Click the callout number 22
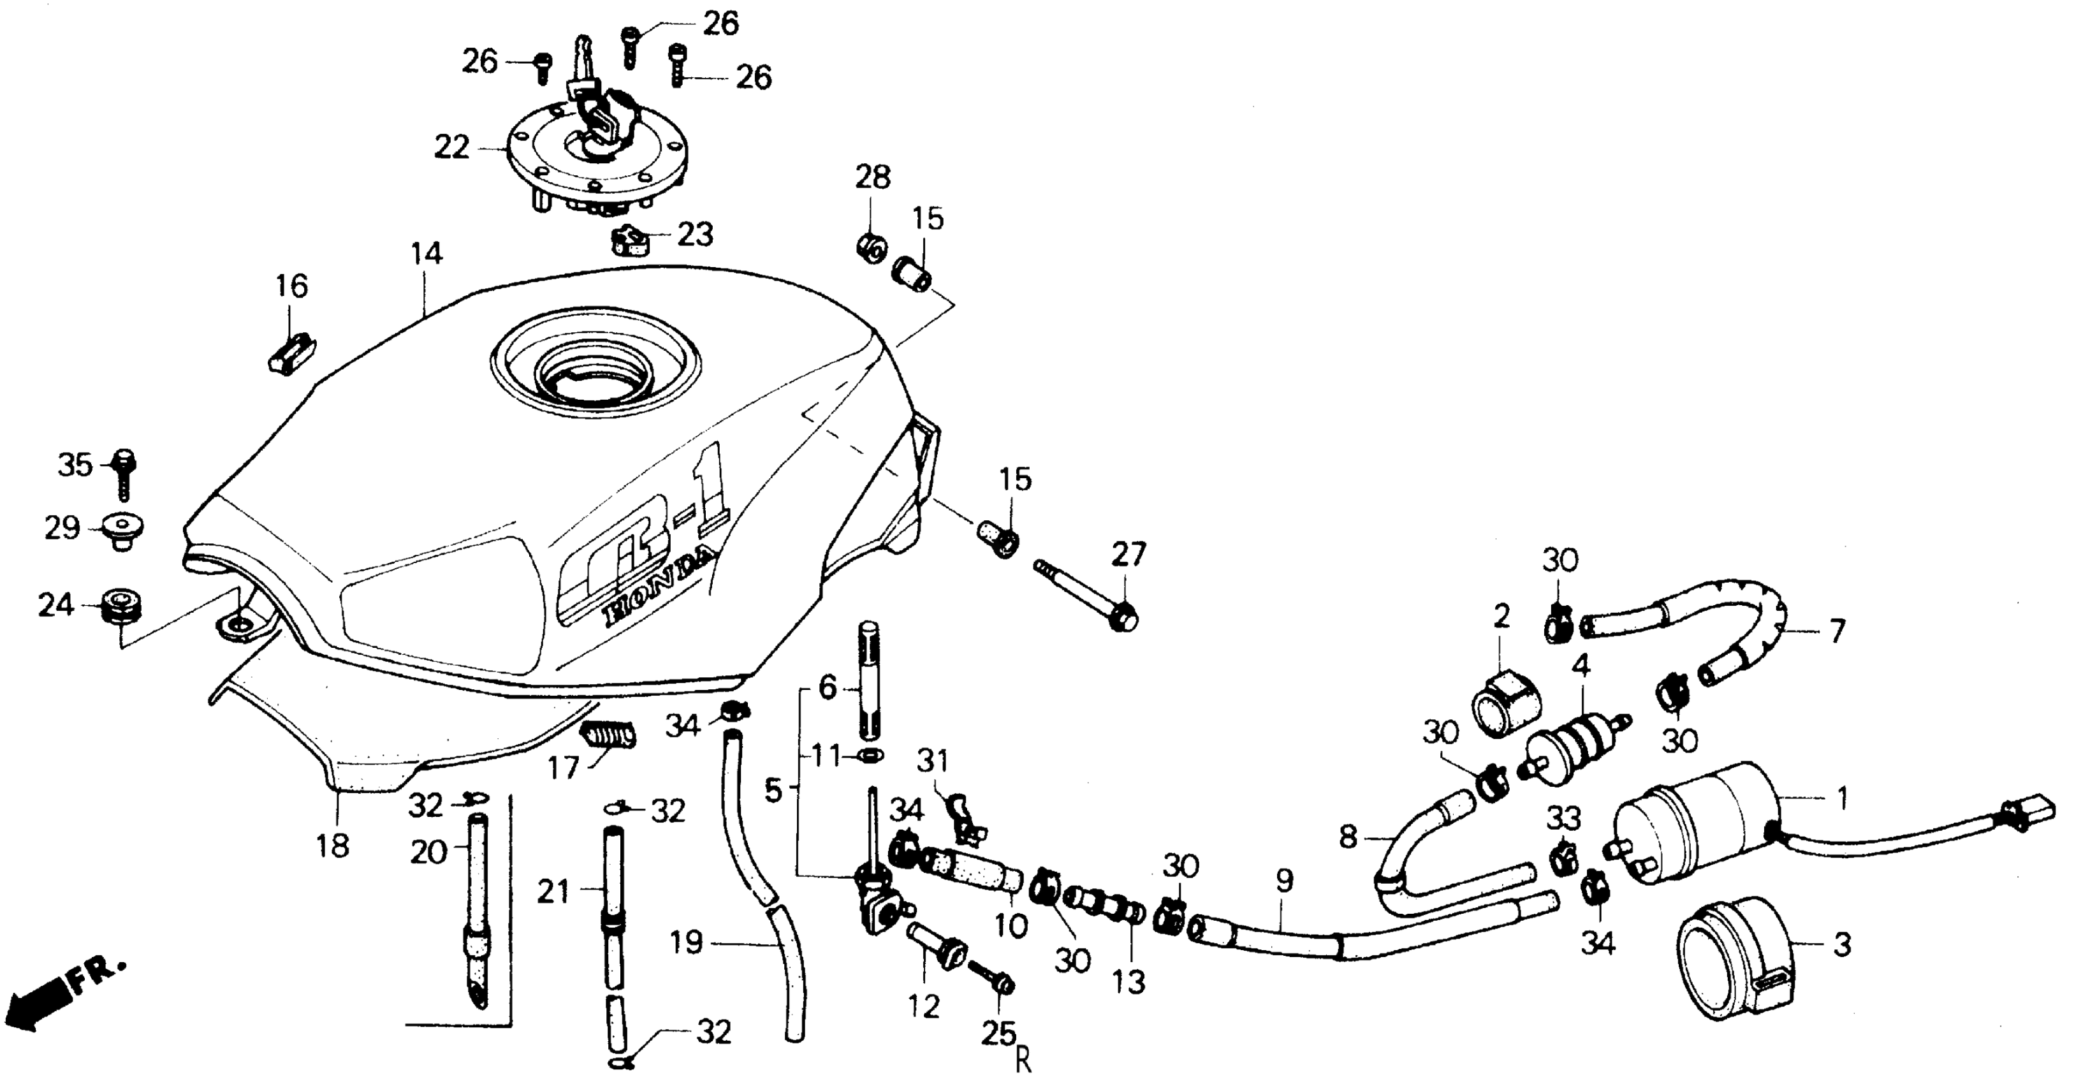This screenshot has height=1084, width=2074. [x=451, y=147]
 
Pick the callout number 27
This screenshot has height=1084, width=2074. [x=1128, y=555]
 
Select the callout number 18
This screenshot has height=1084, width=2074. [x=333, y=846]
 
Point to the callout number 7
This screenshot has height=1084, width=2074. [x=1836, y=631]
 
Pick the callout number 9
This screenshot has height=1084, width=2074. [x=1284, y=881]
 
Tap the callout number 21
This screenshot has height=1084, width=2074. [x=553, y=891]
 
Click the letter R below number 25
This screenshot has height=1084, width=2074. [x=1023, y=1062]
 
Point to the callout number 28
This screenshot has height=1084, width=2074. [x=873, y=177]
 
